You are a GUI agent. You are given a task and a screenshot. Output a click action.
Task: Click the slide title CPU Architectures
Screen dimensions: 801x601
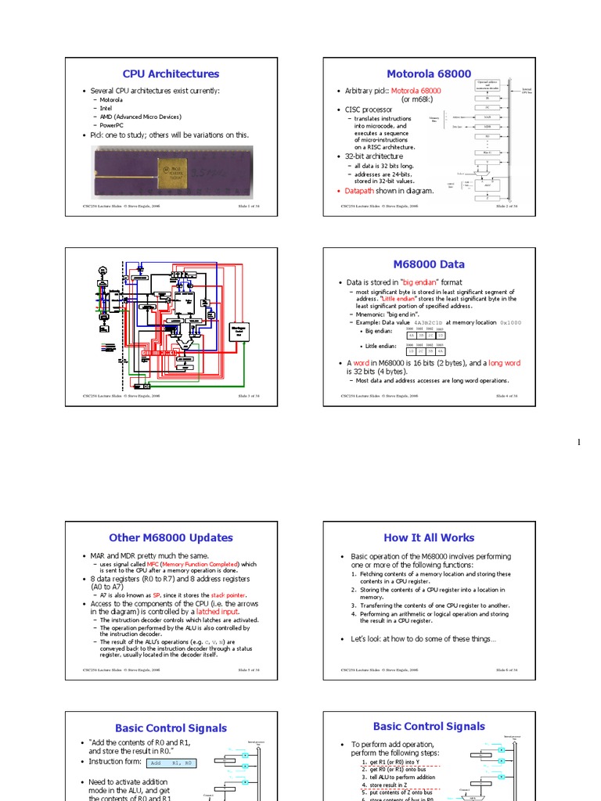point(171,74)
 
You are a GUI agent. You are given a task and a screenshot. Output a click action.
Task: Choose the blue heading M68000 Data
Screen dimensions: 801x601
point(429,264)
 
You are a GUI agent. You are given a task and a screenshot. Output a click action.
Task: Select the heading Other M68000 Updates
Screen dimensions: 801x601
point(171,537)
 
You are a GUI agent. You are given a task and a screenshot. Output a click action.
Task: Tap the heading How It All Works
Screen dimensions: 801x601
point(429,537)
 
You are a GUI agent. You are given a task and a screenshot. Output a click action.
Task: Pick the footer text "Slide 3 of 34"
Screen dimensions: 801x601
point(248,396)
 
